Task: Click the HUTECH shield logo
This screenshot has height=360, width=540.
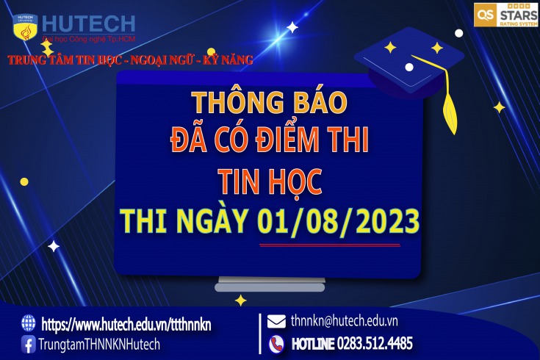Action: (x=25, y=27)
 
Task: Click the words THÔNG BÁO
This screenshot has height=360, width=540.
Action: (x=270, y=102)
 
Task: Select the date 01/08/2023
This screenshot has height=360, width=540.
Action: (x=338, y=221)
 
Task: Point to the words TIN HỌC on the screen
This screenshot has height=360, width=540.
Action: (x=270, y=181)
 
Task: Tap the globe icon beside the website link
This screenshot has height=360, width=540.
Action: (x=28, y=323)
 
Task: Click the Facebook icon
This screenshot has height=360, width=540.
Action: (x=28, y=344)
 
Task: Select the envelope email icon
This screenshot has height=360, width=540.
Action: (x=276, y=321)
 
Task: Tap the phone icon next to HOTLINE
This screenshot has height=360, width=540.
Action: (x=276, y=344)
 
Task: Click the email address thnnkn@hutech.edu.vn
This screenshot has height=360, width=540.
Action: (x=344, y=321)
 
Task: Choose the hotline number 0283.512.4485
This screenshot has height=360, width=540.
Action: (x=375, y=343)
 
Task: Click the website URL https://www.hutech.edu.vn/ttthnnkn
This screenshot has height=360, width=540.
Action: (x=126, y=324)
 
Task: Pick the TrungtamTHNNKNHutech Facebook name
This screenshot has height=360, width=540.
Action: (x=99, y=344)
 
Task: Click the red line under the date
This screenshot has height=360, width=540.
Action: (x=330, y=245)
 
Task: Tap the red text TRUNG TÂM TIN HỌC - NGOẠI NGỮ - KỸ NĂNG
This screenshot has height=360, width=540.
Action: (x=130, y=60)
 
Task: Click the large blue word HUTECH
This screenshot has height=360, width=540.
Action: (x=88, y=24)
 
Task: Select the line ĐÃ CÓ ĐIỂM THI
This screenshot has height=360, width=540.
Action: (x=270, y=140)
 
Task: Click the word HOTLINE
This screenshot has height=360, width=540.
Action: (x=313, y=344)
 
